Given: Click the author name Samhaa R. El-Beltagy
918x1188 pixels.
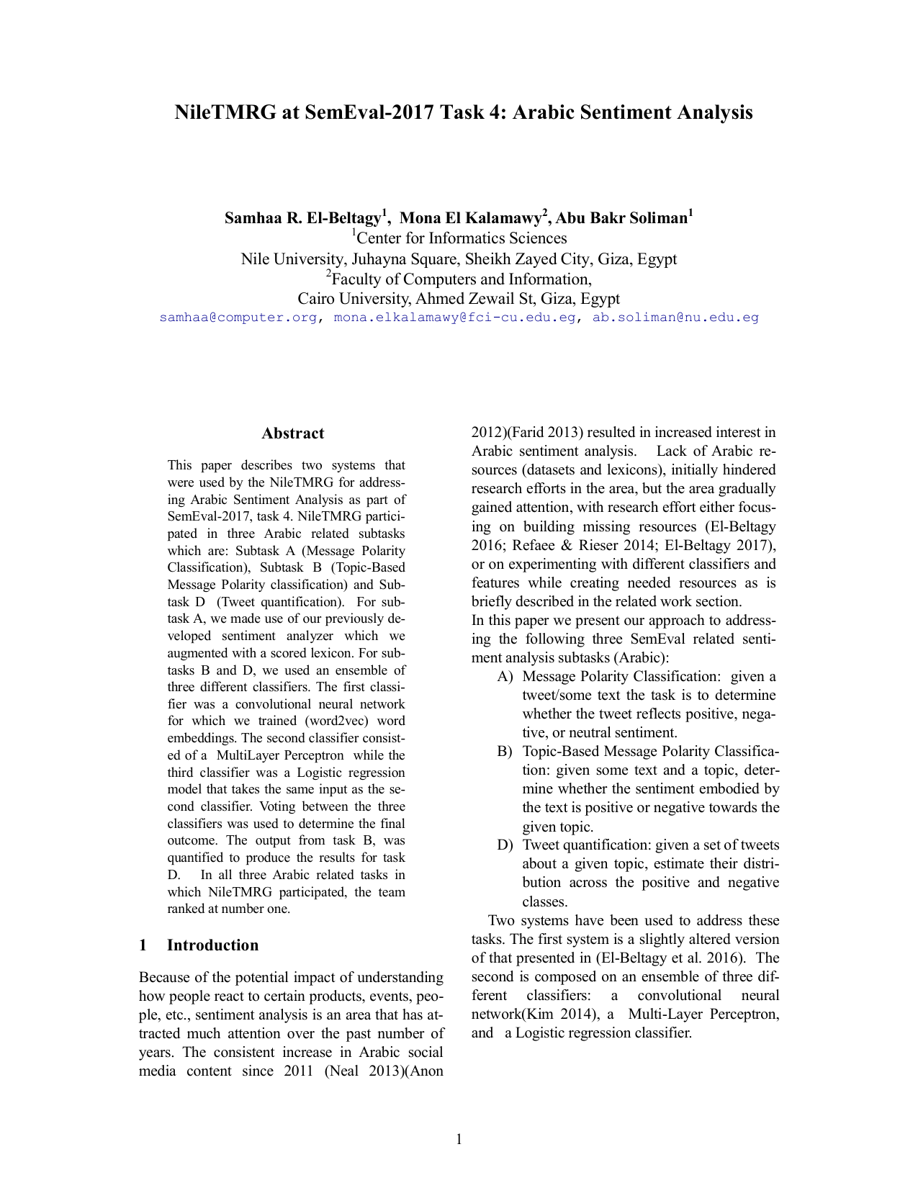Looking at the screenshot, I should (x=302, y=218).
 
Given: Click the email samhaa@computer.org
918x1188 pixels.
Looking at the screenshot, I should (x=238, y=318).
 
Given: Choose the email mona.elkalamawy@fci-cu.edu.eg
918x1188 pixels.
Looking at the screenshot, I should (x=454, y=318).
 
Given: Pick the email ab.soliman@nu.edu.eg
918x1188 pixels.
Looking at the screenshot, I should (x=675, y=318).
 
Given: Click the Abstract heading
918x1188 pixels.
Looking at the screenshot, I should (x=292, y=433).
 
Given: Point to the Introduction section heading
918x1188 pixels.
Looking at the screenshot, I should (x=212, y=945).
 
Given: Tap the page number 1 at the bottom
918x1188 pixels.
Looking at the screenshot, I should (x=459, y=1139).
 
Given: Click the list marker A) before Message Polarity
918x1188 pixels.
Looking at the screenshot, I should (x=505, y=677).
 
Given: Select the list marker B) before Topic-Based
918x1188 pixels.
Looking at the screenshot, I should (x=505, y=752).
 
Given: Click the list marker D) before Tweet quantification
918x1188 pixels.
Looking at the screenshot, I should (x=505, y=845).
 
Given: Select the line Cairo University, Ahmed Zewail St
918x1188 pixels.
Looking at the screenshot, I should (x=459, y=299).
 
